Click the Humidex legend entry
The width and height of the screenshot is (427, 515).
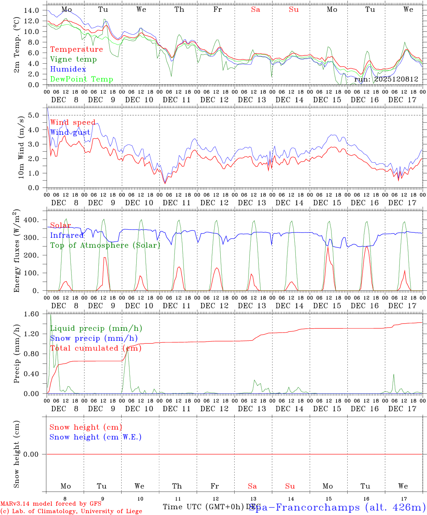click(68, 69)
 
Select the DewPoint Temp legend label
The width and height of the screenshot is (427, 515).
click(82, 79)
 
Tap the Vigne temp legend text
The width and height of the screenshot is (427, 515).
click(73, 59)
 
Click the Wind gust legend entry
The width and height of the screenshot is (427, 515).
click(70, 132)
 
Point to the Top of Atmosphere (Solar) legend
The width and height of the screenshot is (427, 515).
click(105, 245)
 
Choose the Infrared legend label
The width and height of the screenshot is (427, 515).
click(67, 235)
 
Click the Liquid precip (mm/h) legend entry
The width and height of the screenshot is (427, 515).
click(96, 328)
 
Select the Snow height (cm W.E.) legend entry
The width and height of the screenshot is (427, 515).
click(95, 437)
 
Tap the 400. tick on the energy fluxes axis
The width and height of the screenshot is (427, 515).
click(31, 220)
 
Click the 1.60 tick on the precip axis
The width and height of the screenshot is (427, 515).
click(31, 314)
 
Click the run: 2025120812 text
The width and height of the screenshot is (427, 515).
click(386, 79)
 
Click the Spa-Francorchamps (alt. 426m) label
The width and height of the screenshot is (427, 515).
click(338, 507)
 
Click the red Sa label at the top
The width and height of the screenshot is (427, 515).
click(255, 10)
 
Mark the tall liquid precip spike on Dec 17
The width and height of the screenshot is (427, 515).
click(393, 375)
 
